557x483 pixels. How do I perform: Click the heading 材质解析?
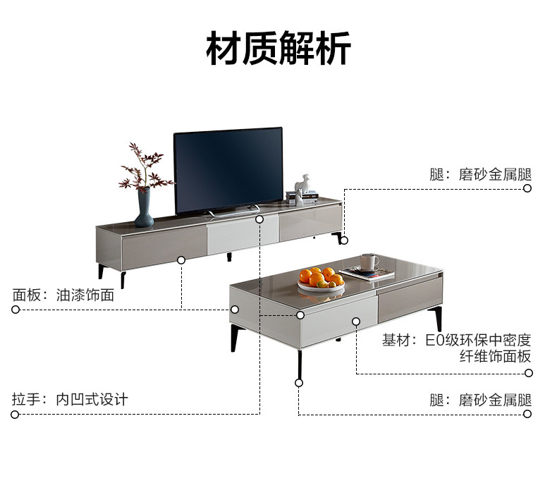(x=278, y=47)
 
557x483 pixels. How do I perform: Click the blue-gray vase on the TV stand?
(x=144, y=207)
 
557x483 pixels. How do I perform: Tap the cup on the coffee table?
(x=369, y=263)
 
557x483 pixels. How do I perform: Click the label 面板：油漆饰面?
(x=63, y=295)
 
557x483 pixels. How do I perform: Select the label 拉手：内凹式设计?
(x=70, y=399)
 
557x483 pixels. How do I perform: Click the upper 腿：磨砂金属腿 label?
(x=480, y=174)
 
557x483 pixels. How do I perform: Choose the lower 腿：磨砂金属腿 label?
(x=480, y=400)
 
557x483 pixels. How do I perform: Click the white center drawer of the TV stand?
(x=242, y=236)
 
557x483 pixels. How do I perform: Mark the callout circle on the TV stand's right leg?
(x=343, y=240)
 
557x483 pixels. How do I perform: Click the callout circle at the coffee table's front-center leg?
(x=299, y=382)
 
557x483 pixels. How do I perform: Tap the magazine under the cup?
(x=367, y=274)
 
